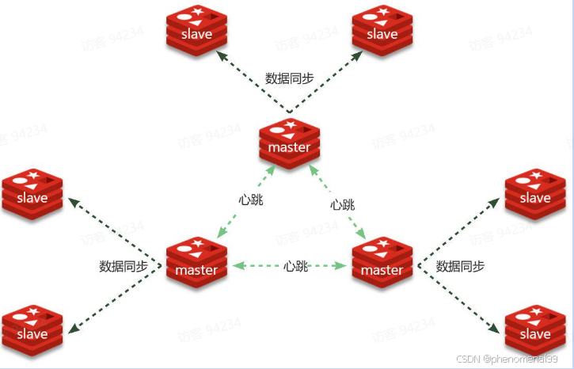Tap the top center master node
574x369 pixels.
pos(289,143)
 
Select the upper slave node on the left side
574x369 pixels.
pos(32,193)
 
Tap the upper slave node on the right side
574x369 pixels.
pos(534,193)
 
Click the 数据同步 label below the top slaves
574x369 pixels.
pos(289,78)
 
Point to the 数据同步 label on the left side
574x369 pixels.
pos(123,266)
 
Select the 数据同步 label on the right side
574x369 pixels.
pos(460,266)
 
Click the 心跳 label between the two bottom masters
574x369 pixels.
pos(295,266)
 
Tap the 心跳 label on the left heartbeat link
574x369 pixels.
pos(250,200)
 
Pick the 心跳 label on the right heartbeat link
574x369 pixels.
pos(343,204)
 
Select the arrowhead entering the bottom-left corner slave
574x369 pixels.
pos(71,329)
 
